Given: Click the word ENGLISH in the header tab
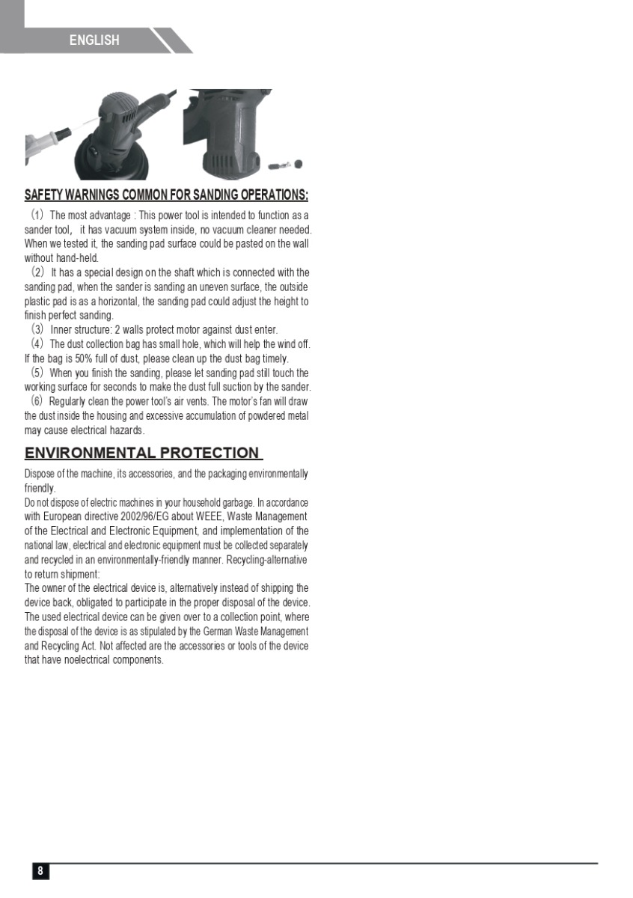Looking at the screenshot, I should [94, 40].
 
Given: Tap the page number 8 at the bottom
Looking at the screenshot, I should [40, 870].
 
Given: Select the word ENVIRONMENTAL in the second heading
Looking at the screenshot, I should [91, 453].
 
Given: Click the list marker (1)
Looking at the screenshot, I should [37, 216].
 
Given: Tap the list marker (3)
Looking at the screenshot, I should [37, 329].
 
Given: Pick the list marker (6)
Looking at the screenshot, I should [37, 401].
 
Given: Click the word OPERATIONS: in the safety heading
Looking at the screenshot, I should [266, 195].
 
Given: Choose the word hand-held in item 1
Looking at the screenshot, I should [77, 258].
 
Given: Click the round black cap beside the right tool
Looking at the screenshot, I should [298, 164].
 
